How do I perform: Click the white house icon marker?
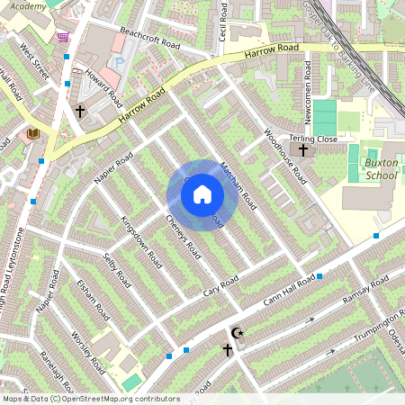coord(202,194)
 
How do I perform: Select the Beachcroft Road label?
coord(149,40)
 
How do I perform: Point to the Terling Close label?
coord(313,139)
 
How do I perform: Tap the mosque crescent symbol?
coord(238,333)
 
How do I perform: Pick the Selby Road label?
coord(120,272)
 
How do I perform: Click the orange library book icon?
coord(33,134)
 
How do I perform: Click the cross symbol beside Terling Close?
coord(303,150)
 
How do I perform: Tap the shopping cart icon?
coord(63,38)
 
